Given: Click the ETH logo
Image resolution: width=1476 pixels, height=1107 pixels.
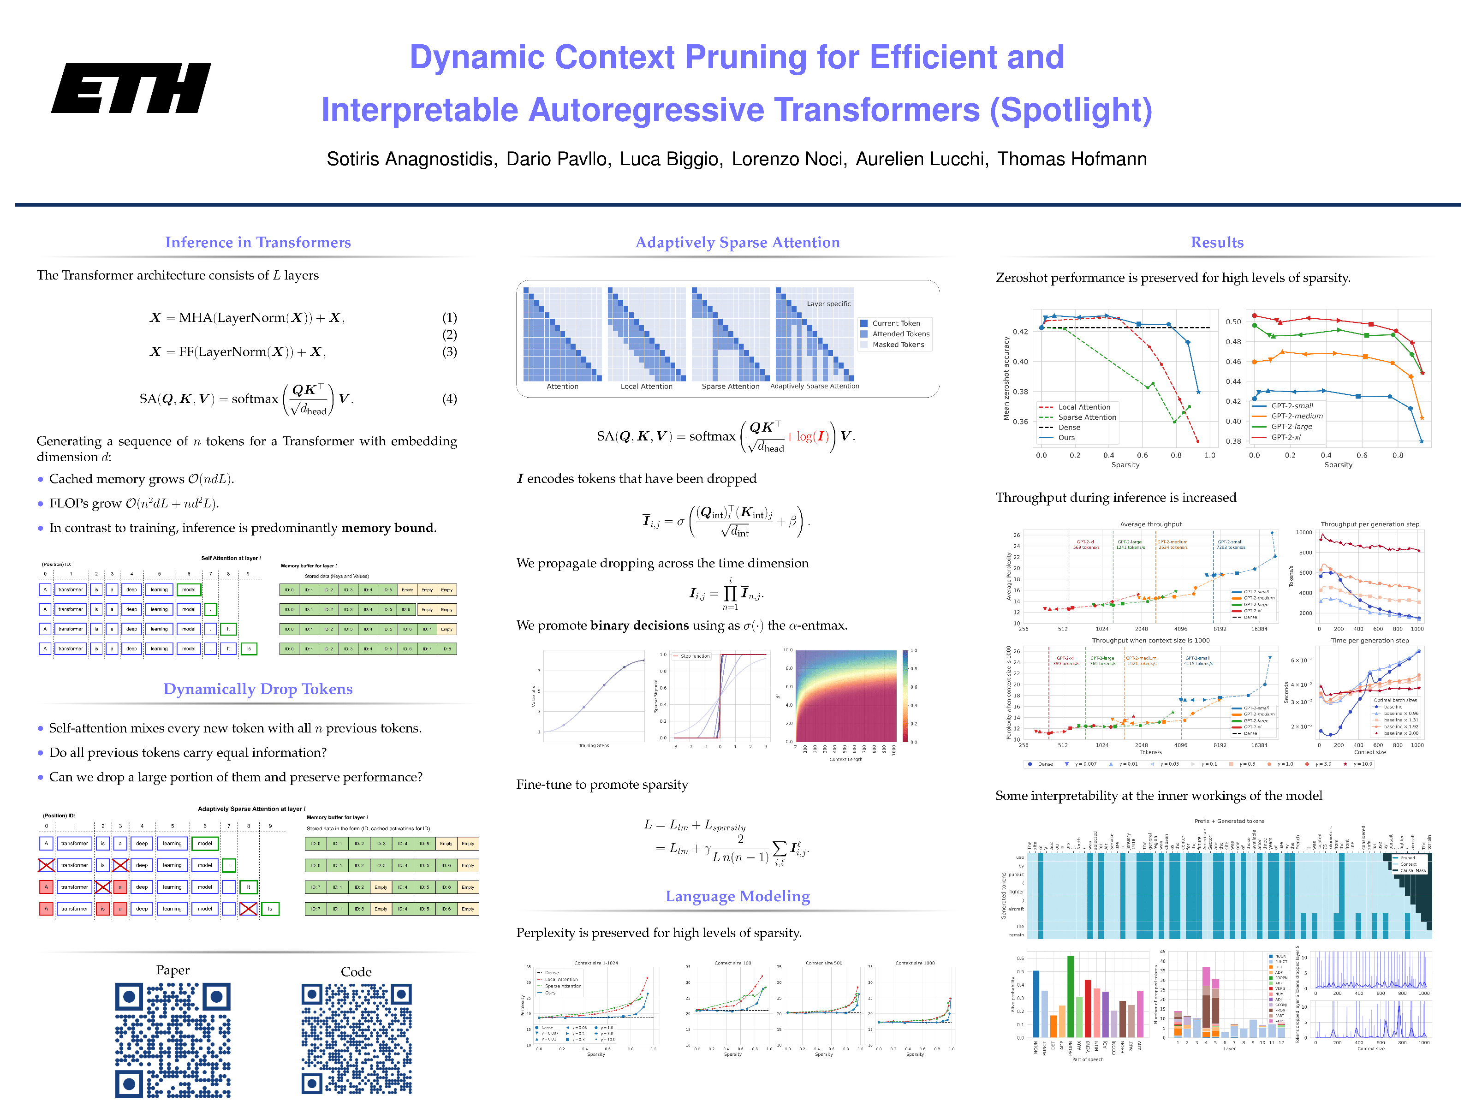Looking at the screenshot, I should click(131, 88).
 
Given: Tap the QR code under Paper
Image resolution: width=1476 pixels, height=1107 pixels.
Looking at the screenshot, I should click(173, 1040).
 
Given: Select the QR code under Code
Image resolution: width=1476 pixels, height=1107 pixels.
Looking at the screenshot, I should click(357, 1040).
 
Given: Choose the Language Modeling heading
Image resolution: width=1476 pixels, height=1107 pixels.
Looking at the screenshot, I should click(738, 896).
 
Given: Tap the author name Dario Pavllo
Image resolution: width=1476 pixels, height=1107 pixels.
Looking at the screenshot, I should click(558, 159).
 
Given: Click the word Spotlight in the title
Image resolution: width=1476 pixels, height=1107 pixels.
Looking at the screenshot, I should click(1071, 110).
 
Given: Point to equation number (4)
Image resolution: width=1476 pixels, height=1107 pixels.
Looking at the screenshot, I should click(449, 399).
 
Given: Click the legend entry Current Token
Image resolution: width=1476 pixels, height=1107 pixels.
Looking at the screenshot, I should click(895, 323).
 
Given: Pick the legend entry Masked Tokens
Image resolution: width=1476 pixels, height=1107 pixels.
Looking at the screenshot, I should click(898, 344).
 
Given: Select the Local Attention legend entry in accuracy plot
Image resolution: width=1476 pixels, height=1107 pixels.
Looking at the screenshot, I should click(1083, 407).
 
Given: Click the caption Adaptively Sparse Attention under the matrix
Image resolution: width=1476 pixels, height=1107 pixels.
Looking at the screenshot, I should click(814, 387).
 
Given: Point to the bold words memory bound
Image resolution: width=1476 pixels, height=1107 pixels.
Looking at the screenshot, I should click(387, 528).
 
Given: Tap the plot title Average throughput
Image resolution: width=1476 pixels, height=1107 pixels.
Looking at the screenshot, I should click(1150, 524).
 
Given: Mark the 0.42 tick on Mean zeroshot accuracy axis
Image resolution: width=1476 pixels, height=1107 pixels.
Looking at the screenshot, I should click(1020, 332).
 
